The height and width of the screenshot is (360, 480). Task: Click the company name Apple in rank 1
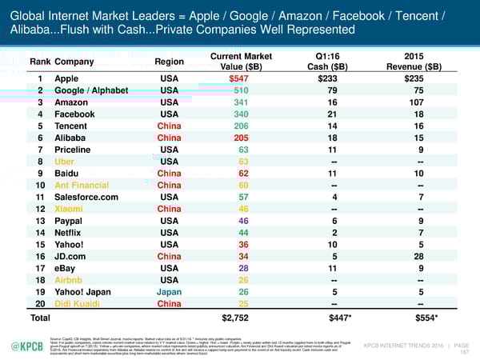pos(67,78)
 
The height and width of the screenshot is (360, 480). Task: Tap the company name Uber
pos(65,161)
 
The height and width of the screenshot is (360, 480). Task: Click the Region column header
pos(168,61)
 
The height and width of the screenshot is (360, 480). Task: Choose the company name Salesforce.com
pos(89,197)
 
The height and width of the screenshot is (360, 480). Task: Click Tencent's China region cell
pos(169,126)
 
